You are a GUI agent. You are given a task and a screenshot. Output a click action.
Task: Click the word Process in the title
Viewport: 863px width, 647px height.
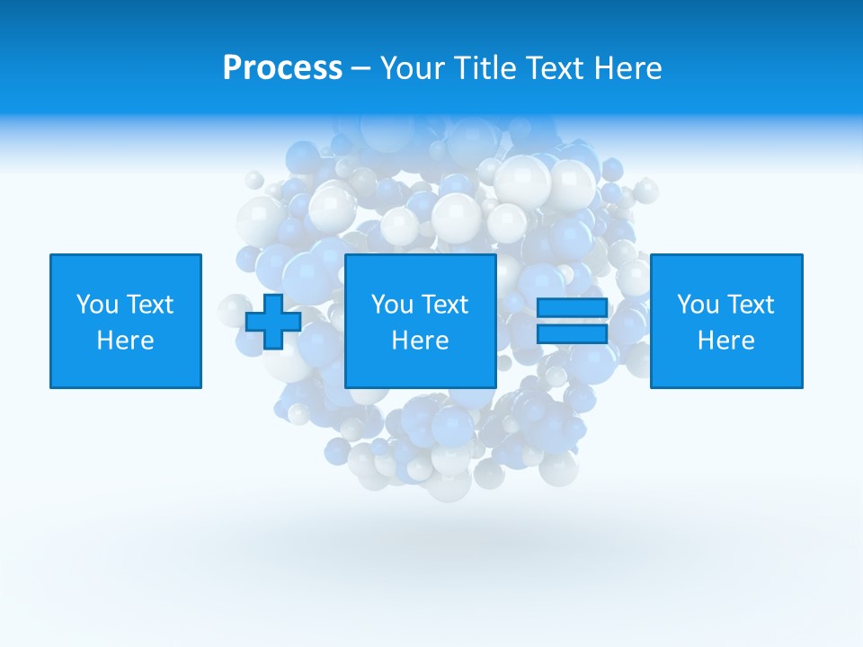[x=282, y=68]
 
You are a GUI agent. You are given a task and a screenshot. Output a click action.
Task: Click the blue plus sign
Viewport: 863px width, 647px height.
[x=273, y=322]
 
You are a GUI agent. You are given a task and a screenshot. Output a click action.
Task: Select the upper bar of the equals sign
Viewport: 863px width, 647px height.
[x=572, y=308]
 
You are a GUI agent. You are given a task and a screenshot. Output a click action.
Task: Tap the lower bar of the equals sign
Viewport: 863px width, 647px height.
[x=572, y=334]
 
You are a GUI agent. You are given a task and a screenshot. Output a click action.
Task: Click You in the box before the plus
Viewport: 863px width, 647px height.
[x=96, y=305]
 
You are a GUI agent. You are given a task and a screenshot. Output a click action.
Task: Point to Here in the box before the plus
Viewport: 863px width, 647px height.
[x=125, y=341]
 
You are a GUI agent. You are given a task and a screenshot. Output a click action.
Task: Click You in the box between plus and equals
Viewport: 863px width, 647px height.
[x=392, y=305]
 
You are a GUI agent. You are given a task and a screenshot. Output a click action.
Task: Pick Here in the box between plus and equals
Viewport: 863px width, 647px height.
[x=420, y=341]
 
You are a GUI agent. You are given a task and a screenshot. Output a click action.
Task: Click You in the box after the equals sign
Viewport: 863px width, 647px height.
[x=698, y=305]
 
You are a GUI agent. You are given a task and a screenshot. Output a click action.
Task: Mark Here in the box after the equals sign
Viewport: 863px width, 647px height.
[x=725, y=341]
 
